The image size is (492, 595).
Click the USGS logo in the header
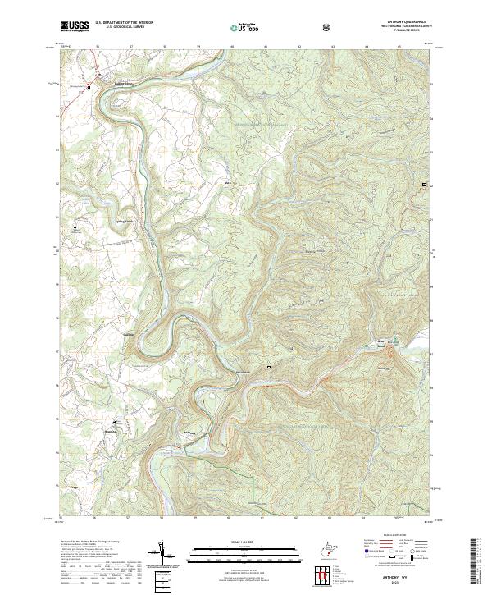[x=75, y=26]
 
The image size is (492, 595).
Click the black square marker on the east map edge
[x=424, y=186]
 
